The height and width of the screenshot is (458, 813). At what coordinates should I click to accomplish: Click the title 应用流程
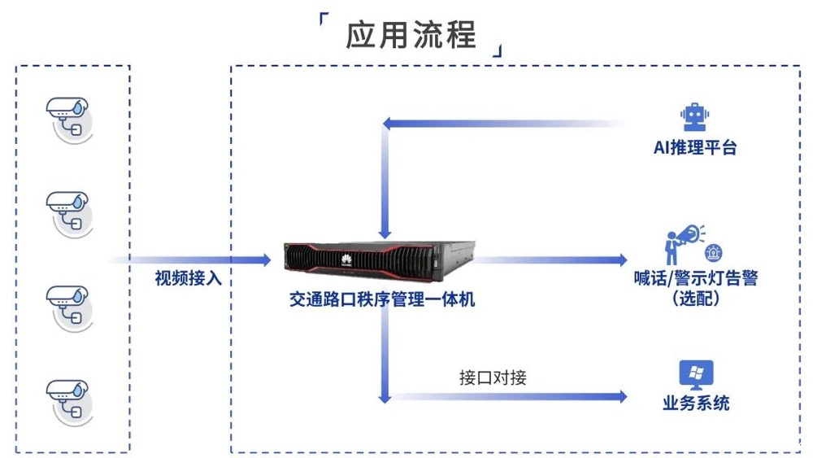(x=411, y=34)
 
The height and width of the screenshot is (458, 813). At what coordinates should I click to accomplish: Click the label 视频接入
(x=189, y=278)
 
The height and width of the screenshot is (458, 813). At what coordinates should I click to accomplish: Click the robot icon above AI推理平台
(x=694, y=117)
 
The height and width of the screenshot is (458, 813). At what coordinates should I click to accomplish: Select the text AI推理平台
(x=695, y=148)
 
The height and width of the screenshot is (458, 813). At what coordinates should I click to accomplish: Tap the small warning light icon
(x=714, y=251)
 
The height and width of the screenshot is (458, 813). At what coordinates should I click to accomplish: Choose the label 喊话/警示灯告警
(x=695, y=278)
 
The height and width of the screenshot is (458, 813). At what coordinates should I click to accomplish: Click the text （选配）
(x=695, y=298)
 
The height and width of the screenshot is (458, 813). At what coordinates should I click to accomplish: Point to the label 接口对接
(x=493, y=378)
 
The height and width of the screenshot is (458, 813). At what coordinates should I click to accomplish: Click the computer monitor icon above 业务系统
(x=696, y=375)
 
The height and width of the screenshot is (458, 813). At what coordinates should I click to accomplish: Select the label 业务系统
(x=696, y=403)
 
